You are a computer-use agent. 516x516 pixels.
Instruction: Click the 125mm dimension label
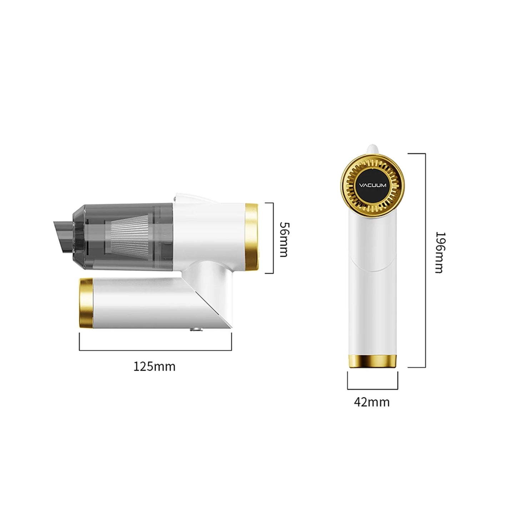[154, 366]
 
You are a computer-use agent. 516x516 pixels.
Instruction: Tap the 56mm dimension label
[284, 239]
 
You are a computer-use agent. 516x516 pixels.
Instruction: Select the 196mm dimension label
[440, 252]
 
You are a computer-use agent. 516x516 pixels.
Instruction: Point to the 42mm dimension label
[372, 402]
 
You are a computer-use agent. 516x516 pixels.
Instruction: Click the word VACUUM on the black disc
[372, 185]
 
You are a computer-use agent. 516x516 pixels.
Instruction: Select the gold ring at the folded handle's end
[86, 303]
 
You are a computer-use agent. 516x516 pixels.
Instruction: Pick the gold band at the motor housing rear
[252, 236]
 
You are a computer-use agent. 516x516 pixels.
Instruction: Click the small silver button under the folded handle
[195, 331]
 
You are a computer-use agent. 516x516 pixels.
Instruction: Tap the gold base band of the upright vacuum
[372, 361]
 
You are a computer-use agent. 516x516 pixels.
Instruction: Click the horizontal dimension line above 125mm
[155, 350]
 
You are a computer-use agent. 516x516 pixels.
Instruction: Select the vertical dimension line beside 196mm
[425, 260]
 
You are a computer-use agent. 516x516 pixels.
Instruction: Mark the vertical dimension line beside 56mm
[273, 238]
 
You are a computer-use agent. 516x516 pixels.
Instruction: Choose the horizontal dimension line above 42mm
[372, 389]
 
